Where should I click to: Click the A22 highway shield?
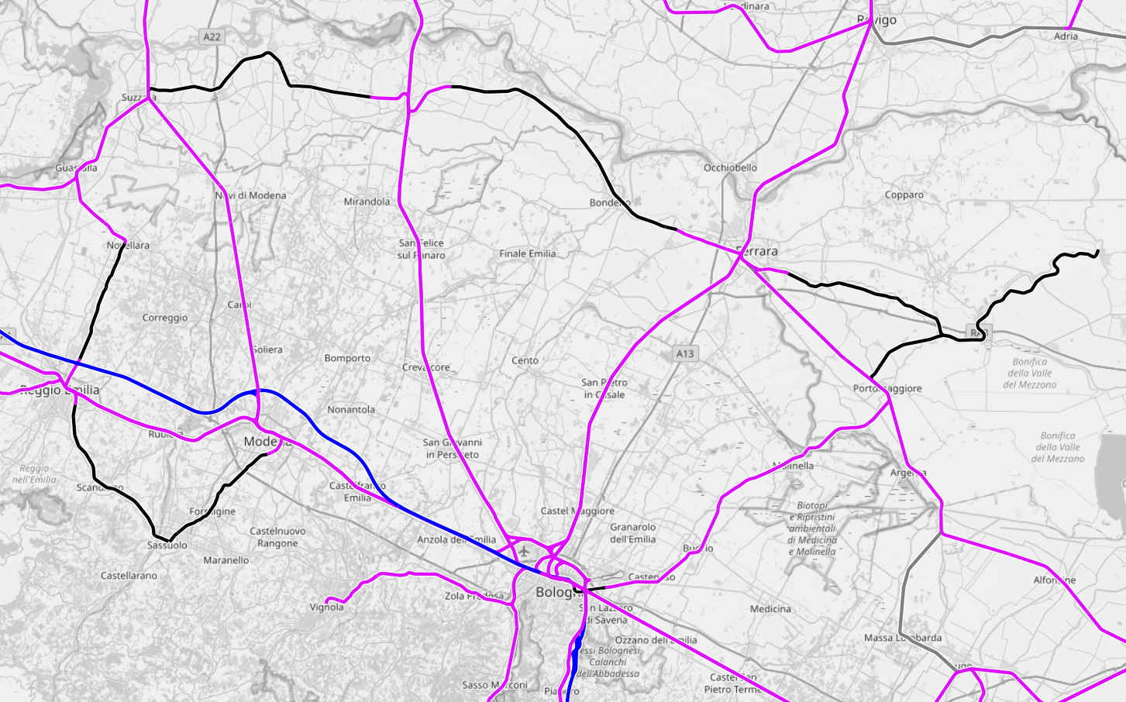(212, 36)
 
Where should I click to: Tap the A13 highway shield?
(685, 353)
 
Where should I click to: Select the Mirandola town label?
(367, 201)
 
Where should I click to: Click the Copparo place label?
(904, 194)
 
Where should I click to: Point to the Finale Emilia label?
(527, 253)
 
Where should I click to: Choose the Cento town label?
(525, 360)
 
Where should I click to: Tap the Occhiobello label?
(730, 167)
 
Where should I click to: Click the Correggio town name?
(165, 318)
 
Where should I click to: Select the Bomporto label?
(347, 358)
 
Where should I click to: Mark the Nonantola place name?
(351, 409)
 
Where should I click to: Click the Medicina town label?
(770, 609)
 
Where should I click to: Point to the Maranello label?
(226, 560)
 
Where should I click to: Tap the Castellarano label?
(129, 576)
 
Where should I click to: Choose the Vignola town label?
(326, 607)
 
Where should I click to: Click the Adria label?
(1066, 36)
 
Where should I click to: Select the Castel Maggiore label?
(577, 511)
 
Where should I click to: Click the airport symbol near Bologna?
(525, 551)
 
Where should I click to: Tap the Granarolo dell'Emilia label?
(632, 533)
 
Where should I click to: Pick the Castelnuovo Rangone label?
(277, 537)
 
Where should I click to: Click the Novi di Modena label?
(251, 195)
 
